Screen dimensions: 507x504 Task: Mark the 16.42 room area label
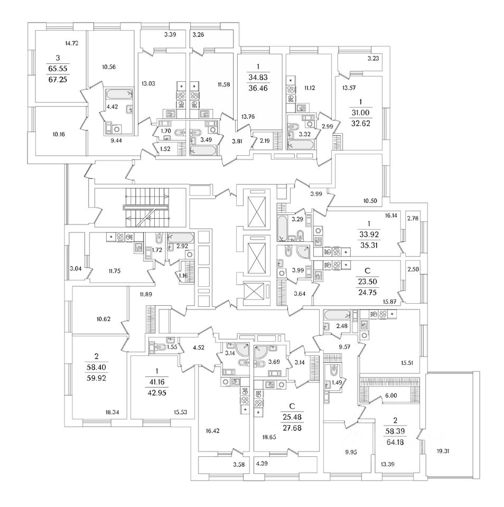(212, 430)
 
